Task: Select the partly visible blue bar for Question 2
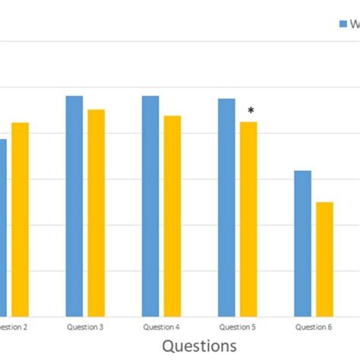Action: tap(2, 227)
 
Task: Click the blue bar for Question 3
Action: tap(74, 205)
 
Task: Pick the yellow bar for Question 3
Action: tap(96, 212)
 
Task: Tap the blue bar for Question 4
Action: tap(150, 205)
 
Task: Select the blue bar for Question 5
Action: tap(226, 207)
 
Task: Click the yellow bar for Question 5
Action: tap(248, 218)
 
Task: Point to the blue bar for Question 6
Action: tap(302, 242)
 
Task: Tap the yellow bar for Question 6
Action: tap(324, 258)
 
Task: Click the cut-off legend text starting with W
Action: tap(353, 24)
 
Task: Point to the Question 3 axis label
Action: tap(86, 327)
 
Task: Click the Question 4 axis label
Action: tap(162, 327)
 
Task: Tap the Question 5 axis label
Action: tap(238, 327)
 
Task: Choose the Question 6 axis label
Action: tap(314, 327)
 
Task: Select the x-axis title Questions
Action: tap(200, 346)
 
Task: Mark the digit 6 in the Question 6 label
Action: tap(330, 327)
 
